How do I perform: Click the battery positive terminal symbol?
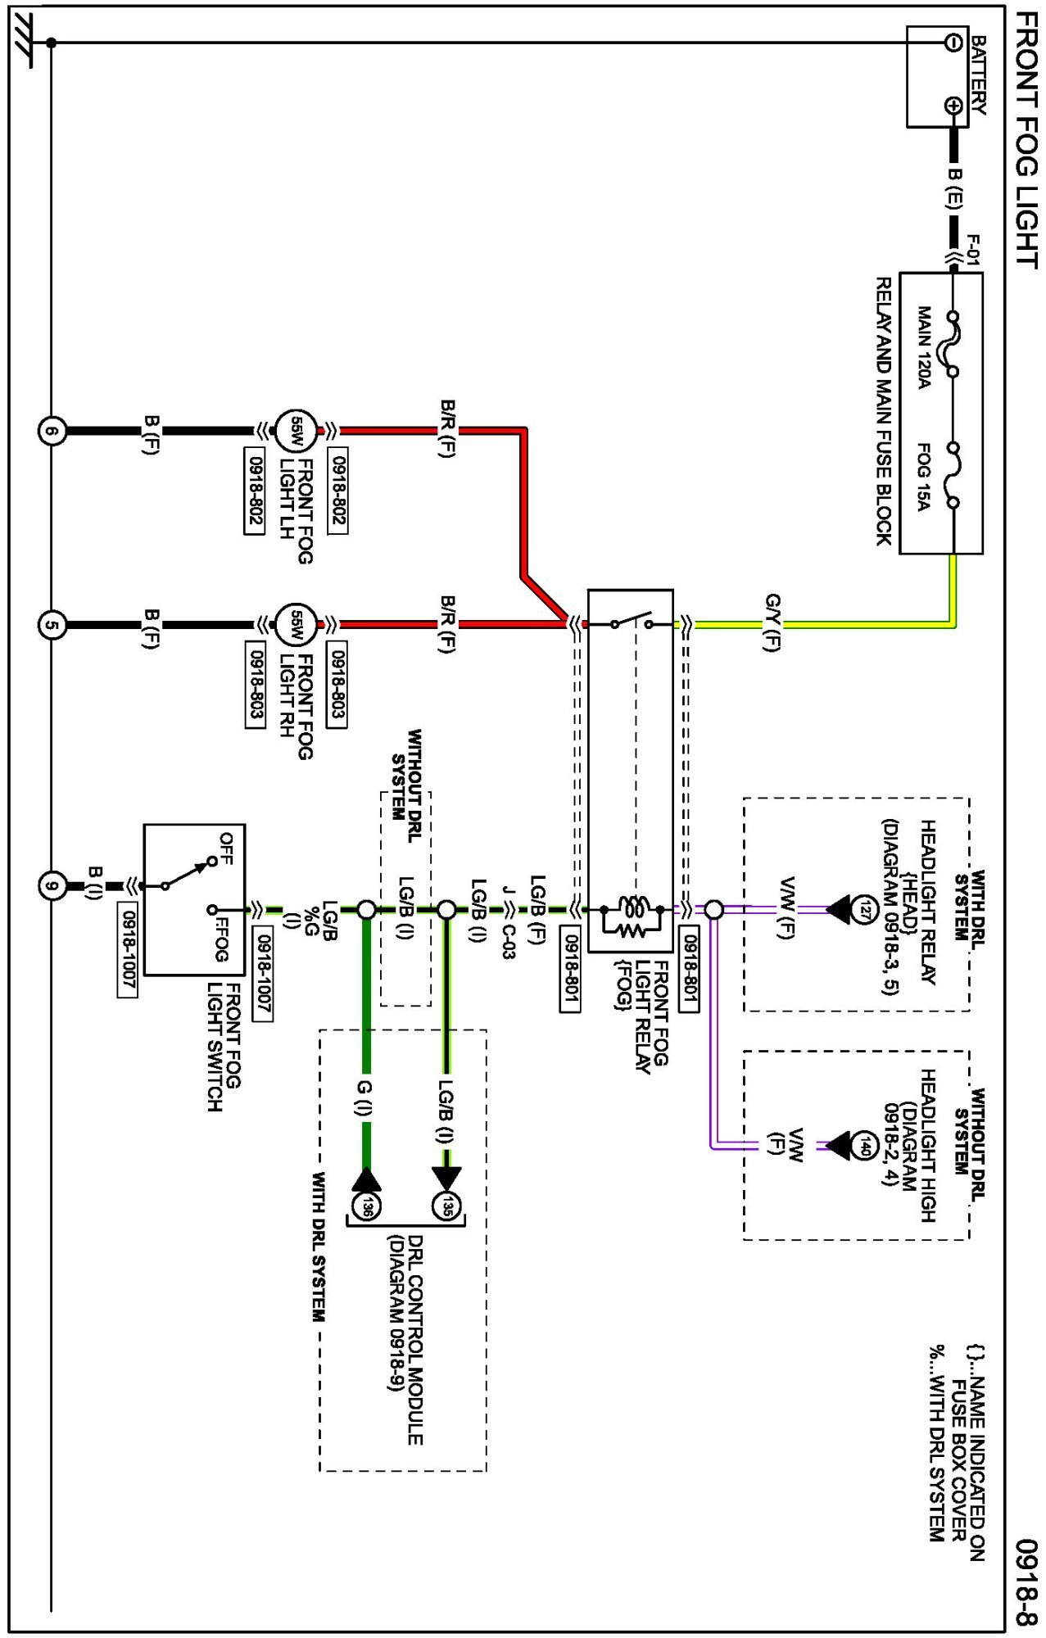coord(953,105)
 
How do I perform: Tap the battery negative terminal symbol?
coord(953,42)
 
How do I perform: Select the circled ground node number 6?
coord(52,430)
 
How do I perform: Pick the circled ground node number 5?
coord(52,625)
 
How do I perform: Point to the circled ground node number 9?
coord(52,886)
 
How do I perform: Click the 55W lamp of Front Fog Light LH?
coord(295,430)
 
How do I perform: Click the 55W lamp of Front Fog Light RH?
coord(295,625)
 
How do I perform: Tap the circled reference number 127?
coord(866,909)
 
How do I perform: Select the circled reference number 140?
coord(866,1146)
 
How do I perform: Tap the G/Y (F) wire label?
coord(772,622)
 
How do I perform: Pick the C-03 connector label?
coord(508,937)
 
